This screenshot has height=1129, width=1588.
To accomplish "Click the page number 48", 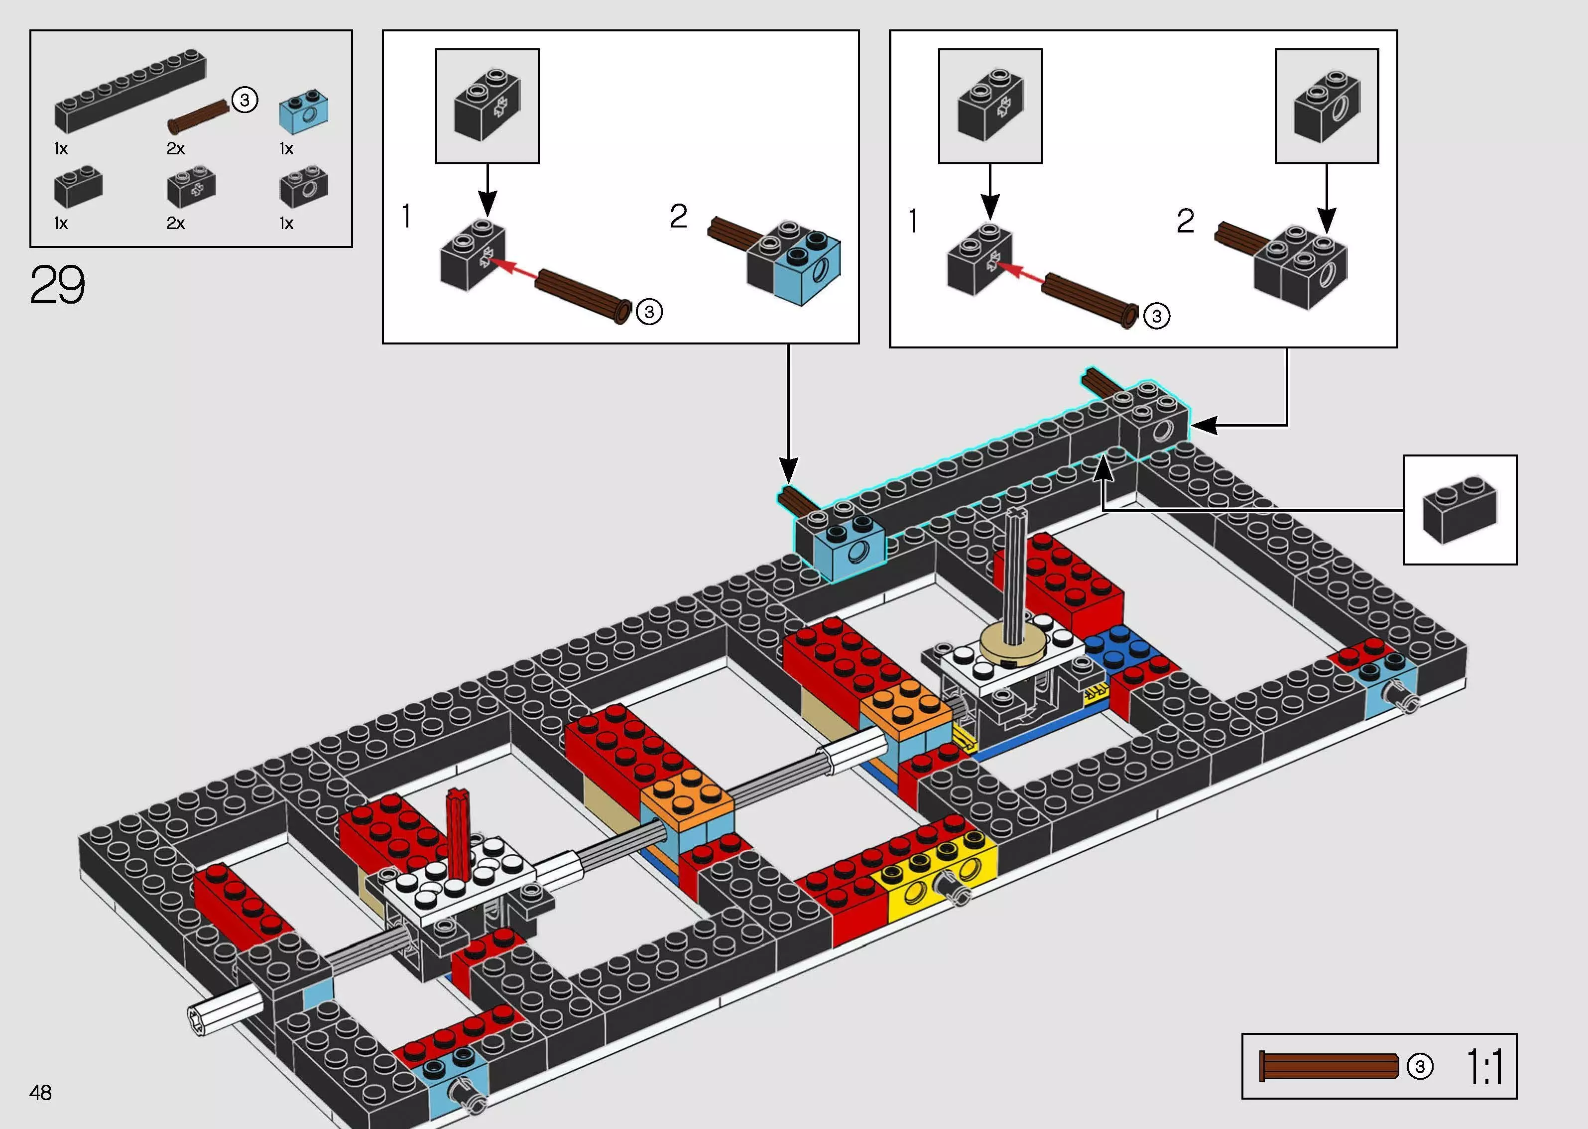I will click(x=40, y=1092).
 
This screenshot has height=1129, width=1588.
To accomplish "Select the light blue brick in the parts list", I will click(x=304, y=113).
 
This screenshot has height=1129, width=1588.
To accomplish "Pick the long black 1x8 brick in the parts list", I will click(x=129, y=91).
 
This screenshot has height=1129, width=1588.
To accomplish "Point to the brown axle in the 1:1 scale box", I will click(x=1328, y=1066).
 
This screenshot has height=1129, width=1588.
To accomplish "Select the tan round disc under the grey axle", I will click(x=1016, y=645).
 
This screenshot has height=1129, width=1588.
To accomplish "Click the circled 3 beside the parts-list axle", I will click(x=244, y=100).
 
